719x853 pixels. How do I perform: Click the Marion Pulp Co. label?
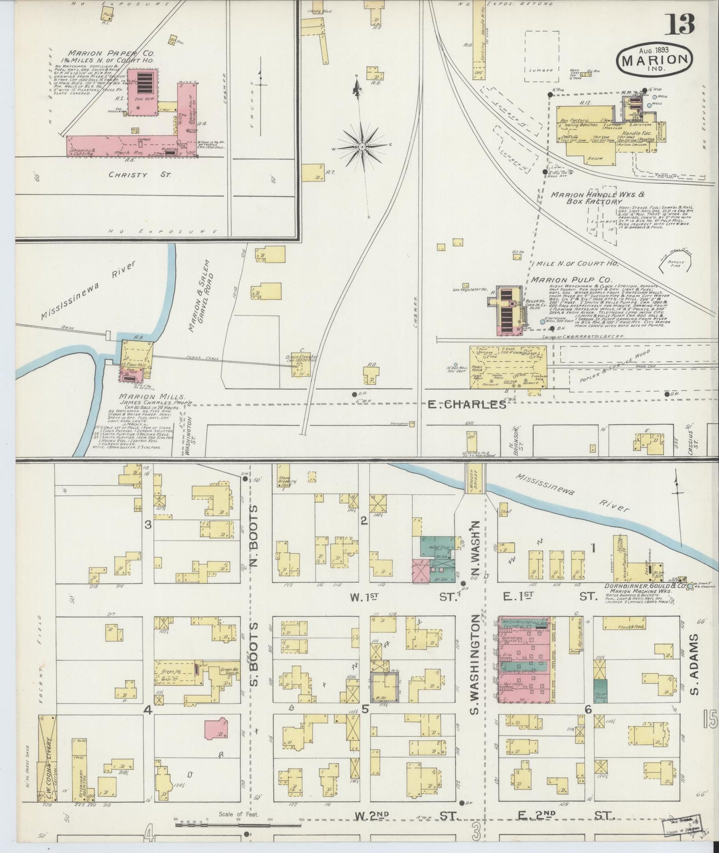[571, 280]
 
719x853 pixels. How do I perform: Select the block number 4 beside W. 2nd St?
[149, 835]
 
